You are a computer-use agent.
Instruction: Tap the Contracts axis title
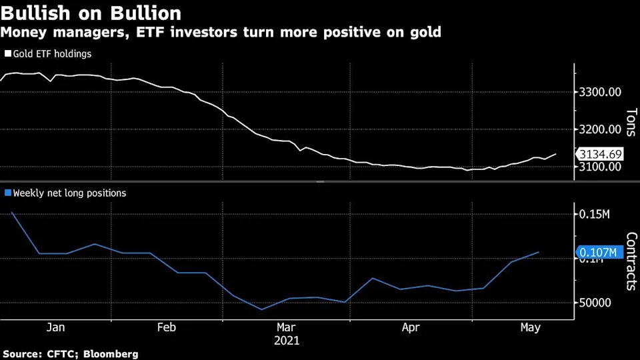coord(631,261)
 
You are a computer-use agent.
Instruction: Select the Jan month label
coord(56,327)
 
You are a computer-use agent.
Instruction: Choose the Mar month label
coord(286,327)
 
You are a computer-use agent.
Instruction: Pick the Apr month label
coord(411,327)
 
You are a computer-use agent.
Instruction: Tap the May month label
coord(530,327)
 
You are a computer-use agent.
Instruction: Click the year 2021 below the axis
coord(287,341)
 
